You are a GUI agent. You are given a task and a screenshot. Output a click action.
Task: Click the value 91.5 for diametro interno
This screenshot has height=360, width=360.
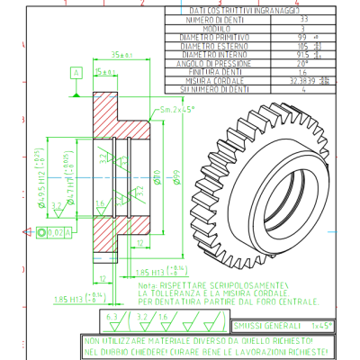point(303,51)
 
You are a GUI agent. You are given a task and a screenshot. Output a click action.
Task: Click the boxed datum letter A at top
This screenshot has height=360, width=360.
point(76,71)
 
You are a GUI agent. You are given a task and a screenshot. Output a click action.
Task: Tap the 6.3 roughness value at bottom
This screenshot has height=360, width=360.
point(112,318)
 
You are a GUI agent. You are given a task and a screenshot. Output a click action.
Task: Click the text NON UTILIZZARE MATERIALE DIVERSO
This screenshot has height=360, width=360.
point(162,341)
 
